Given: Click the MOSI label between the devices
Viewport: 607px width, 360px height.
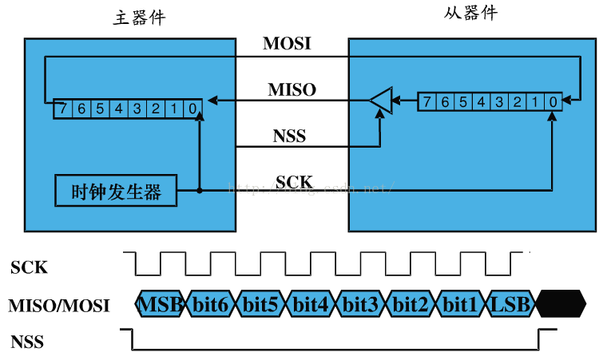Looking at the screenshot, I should (286, 44).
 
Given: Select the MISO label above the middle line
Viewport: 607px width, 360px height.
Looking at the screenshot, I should (292, 89).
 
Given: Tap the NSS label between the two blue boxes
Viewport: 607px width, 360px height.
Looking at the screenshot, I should (289, 136).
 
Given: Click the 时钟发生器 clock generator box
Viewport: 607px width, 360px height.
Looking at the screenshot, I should (116, 191).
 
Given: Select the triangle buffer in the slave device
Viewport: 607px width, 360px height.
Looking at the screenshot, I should (381, 101).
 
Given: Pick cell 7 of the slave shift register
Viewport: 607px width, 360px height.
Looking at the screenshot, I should (426, 101).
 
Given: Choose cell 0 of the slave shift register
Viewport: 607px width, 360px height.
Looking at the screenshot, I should (553, 101).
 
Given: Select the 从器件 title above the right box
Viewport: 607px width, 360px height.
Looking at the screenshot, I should (470, 13).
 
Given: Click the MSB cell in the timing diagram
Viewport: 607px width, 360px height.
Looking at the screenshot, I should (161, 304).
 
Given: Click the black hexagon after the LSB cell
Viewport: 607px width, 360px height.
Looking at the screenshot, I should (561, 304).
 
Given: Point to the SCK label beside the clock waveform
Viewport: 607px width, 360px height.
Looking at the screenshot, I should (29, 267).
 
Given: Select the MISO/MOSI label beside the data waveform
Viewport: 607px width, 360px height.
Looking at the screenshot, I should (59, 305).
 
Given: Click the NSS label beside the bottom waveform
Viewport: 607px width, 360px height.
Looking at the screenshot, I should (27, 342).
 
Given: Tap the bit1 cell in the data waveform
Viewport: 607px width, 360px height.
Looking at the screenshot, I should (460, 304).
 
